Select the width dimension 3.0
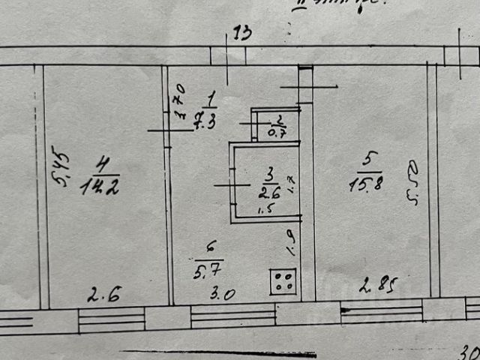point(223,293)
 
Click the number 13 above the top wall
point(242,33)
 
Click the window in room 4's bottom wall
point(111,319)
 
